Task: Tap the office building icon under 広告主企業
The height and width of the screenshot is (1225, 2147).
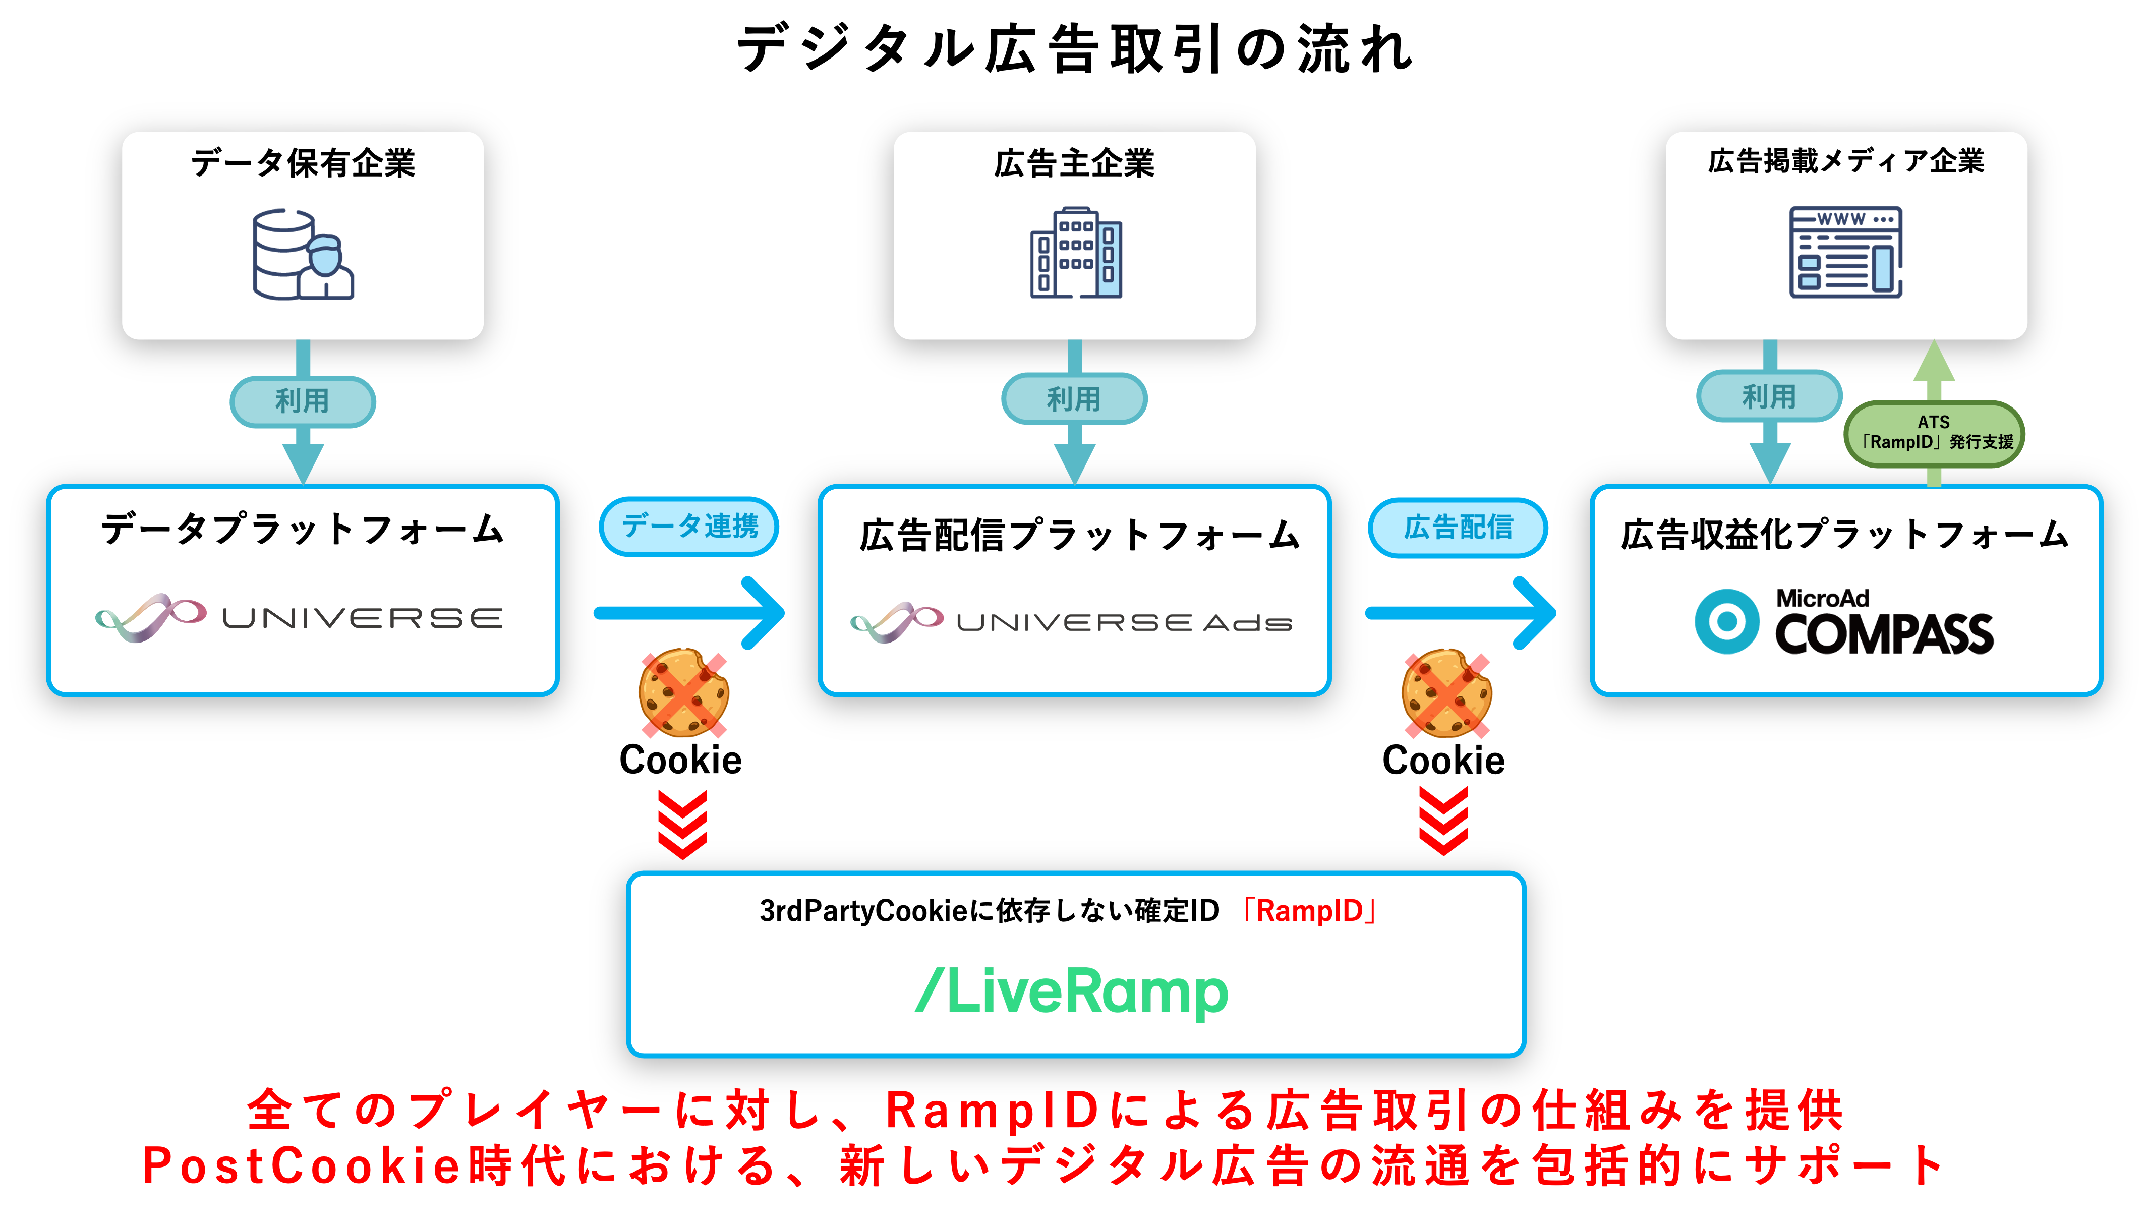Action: click(x=1075, y=252)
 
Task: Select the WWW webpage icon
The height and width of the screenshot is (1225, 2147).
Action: click(x=1845, y=252)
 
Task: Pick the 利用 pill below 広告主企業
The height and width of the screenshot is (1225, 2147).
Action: click(x=1073, y=399)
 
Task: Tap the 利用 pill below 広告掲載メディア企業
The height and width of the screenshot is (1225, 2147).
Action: click(x=1768, y=396)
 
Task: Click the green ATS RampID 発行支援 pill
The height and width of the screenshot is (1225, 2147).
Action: click(x=1933, y=432)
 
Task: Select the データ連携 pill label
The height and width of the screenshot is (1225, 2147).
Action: click(x=689, y=527)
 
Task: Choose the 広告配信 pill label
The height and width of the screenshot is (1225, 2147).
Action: click(x=1458, y=528)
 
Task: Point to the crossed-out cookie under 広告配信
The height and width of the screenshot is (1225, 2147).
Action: click(x=1446, y=693)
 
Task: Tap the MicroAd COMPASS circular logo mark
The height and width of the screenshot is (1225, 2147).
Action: click(x=1726, y=622)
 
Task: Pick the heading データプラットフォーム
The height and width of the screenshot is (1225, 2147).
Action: click(x=303, y=530)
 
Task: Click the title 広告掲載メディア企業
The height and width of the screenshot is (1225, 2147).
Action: click(x=1846, y=161)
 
